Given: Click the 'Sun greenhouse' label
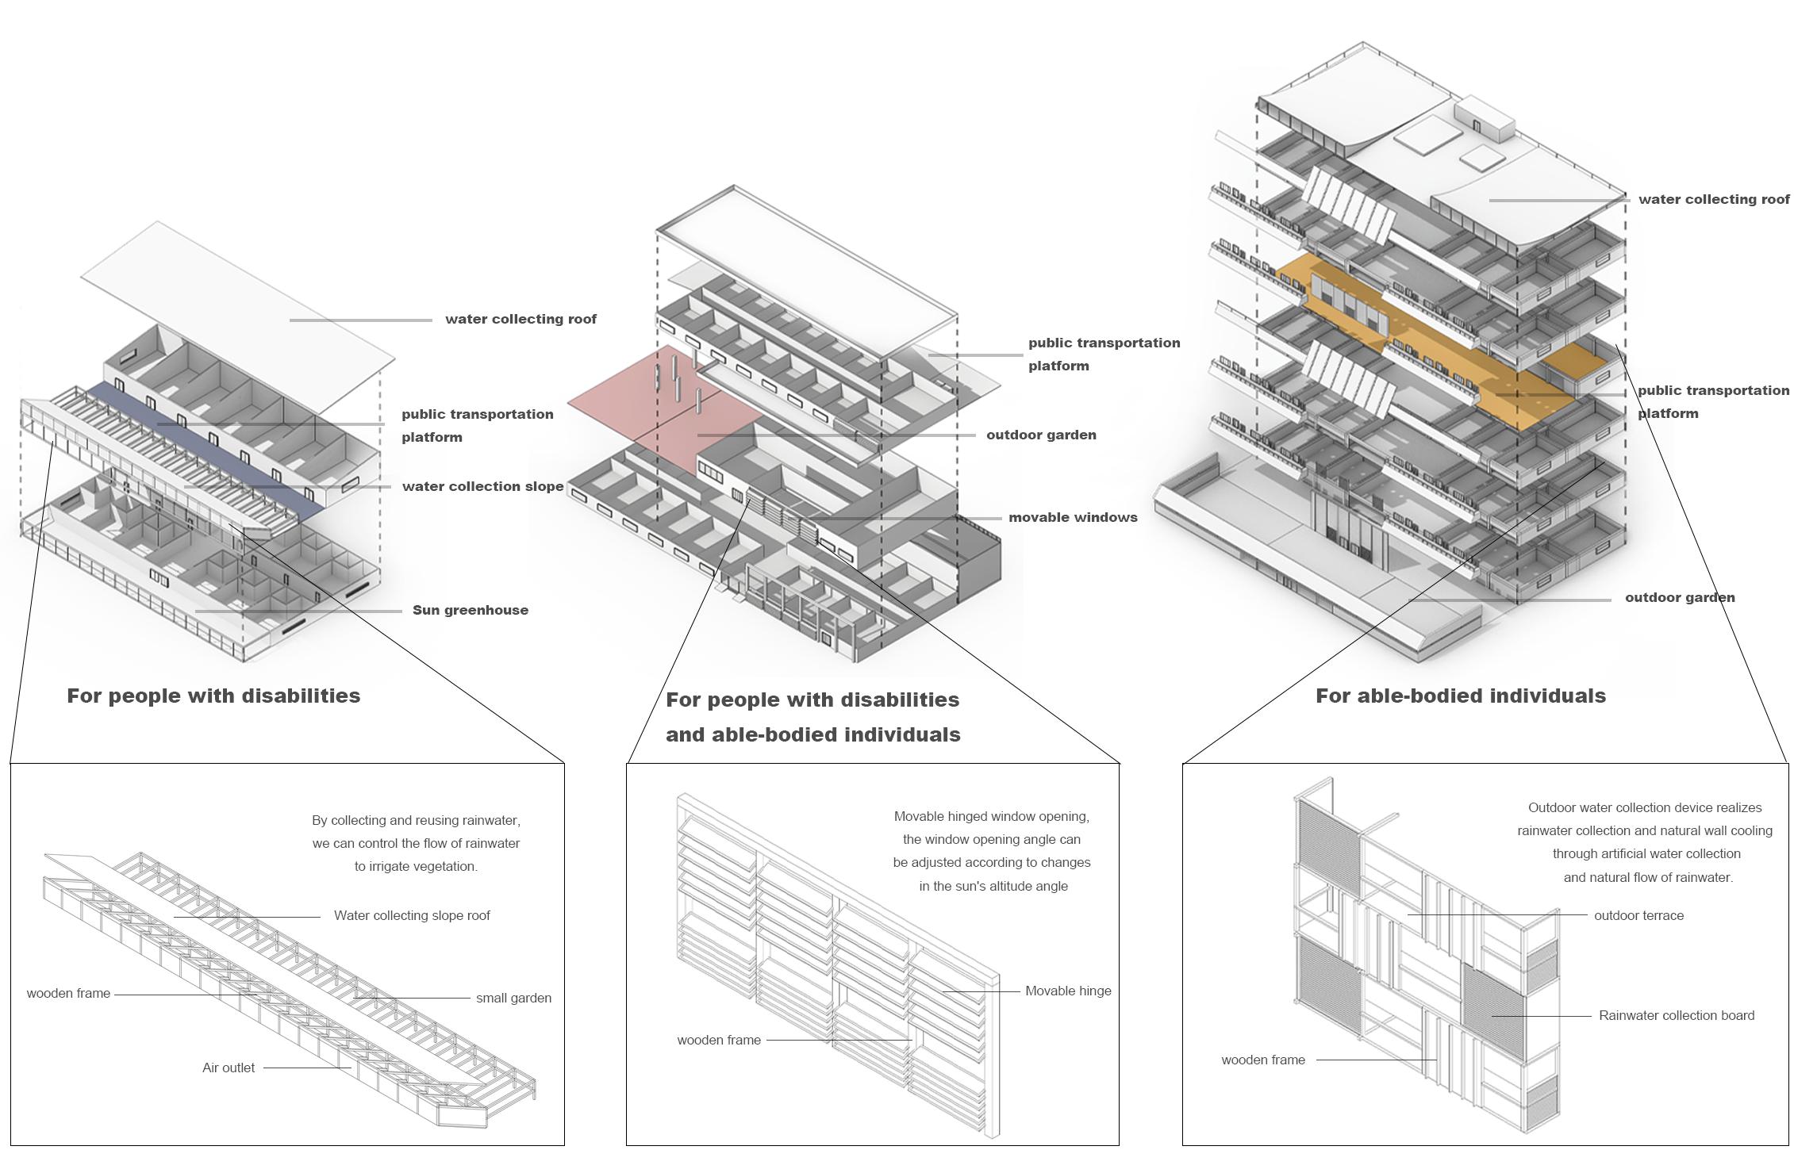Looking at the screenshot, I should click(470, 610).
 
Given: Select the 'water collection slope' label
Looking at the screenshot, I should click(482, 486).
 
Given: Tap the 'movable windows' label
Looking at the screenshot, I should click(1073, 517).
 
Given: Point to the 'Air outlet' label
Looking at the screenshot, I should click(229, 1068).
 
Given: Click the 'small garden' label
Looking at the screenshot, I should click(513, 998).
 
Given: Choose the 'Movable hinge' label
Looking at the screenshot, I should click(1068, 991).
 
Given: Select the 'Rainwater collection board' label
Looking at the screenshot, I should click(1677, 1015).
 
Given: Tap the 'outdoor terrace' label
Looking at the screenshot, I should click(1638, 915).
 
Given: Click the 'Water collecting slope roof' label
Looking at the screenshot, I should click(412, 915).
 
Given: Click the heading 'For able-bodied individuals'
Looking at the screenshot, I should click(1461, 696).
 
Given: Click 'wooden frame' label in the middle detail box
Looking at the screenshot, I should click(719, 1040).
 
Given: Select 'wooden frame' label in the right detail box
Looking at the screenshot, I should click(1263, 1060).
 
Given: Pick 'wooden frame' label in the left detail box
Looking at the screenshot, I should click(68, 993).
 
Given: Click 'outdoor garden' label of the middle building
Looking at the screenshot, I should click(1041, 435).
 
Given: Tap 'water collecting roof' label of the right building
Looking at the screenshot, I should click(1714, 199).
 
